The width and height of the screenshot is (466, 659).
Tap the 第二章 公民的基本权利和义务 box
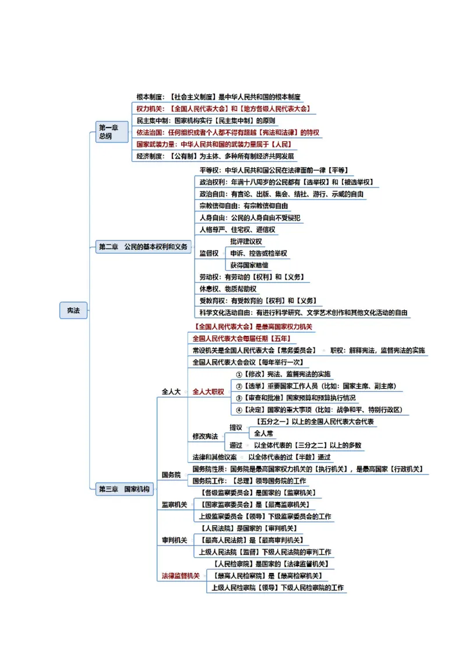(x=143, y=247)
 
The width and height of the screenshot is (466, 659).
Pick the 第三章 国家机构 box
(x=124, y=489)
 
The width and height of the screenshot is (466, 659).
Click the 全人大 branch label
(x=171, y=392)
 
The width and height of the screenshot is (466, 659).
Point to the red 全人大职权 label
(x=209, y=392)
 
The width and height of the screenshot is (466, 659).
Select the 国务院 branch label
(x=171, y=475)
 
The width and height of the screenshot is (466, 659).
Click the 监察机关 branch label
(x=174, y=505)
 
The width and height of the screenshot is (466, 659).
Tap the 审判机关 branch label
(x=174, y=540)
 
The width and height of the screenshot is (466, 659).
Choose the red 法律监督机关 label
(x=181, y=576)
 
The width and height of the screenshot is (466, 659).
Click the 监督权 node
(x=209, y=253)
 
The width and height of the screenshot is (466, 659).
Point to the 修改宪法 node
(x=205, y=436)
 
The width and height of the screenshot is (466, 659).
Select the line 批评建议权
(x=246, y=242)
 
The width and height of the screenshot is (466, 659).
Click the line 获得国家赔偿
(x=249, y=265)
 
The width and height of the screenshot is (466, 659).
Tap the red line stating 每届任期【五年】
(x=241, y=338)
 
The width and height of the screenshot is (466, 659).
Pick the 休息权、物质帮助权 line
(x=228, y=289)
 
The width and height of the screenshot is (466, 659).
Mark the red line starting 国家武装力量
(x=213, y=144)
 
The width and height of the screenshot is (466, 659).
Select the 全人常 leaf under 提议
(x=263, y=433)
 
